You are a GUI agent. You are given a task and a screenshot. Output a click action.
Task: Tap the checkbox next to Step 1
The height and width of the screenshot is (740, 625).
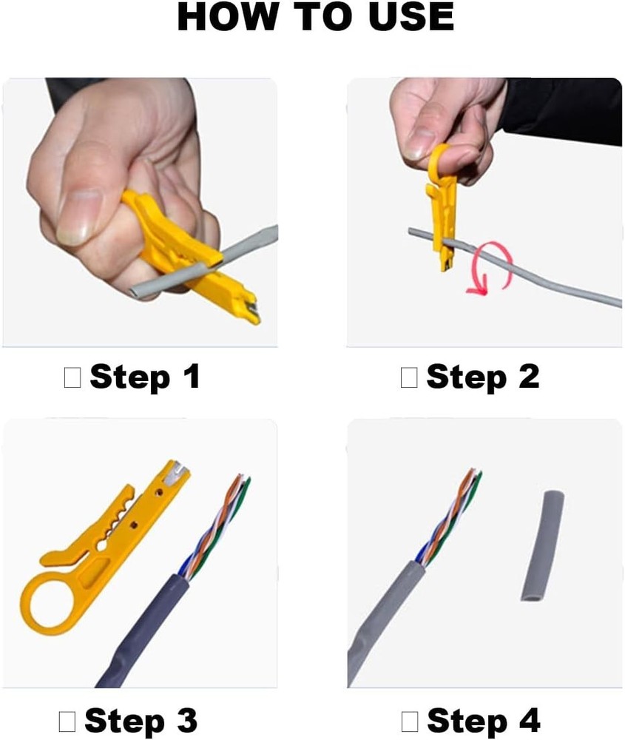(x=72, y=377)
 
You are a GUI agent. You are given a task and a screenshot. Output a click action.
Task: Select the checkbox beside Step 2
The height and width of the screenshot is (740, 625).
(x=409, y=377)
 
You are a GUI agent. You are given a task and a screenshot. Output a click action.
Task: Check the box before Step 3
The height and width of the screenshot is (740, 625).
(x=67, y=720)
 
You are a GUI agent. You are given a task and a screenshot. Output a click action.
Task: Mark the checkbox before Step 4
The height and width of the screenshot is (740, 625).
(x=410, y=720)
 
